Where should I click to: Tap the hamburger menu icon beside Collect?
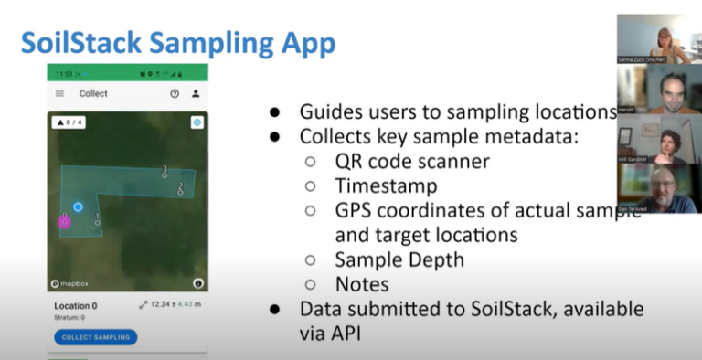[x=60, y=93]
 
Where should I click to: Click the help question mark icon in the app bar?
[x=175, y=93]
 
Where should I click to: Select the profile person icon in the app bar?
[x=195, y=93]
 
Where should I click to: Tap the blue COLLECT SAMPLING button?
[x=96, y=337]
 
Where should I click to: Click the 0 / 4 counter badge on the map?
[x=69, y=122]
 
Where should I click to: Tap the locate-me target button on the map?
[x=197, y=122]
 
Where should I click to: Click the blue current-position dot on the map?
[x=79, y=207]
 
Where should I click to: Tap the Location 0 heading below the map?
[x=76, y=306]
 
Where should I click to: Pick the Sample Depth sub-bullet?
[x=399, y=259]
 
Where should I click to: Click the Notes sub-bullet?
[x=361, y=284]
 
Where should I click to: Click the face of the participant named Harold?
[x=666, y=91]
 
